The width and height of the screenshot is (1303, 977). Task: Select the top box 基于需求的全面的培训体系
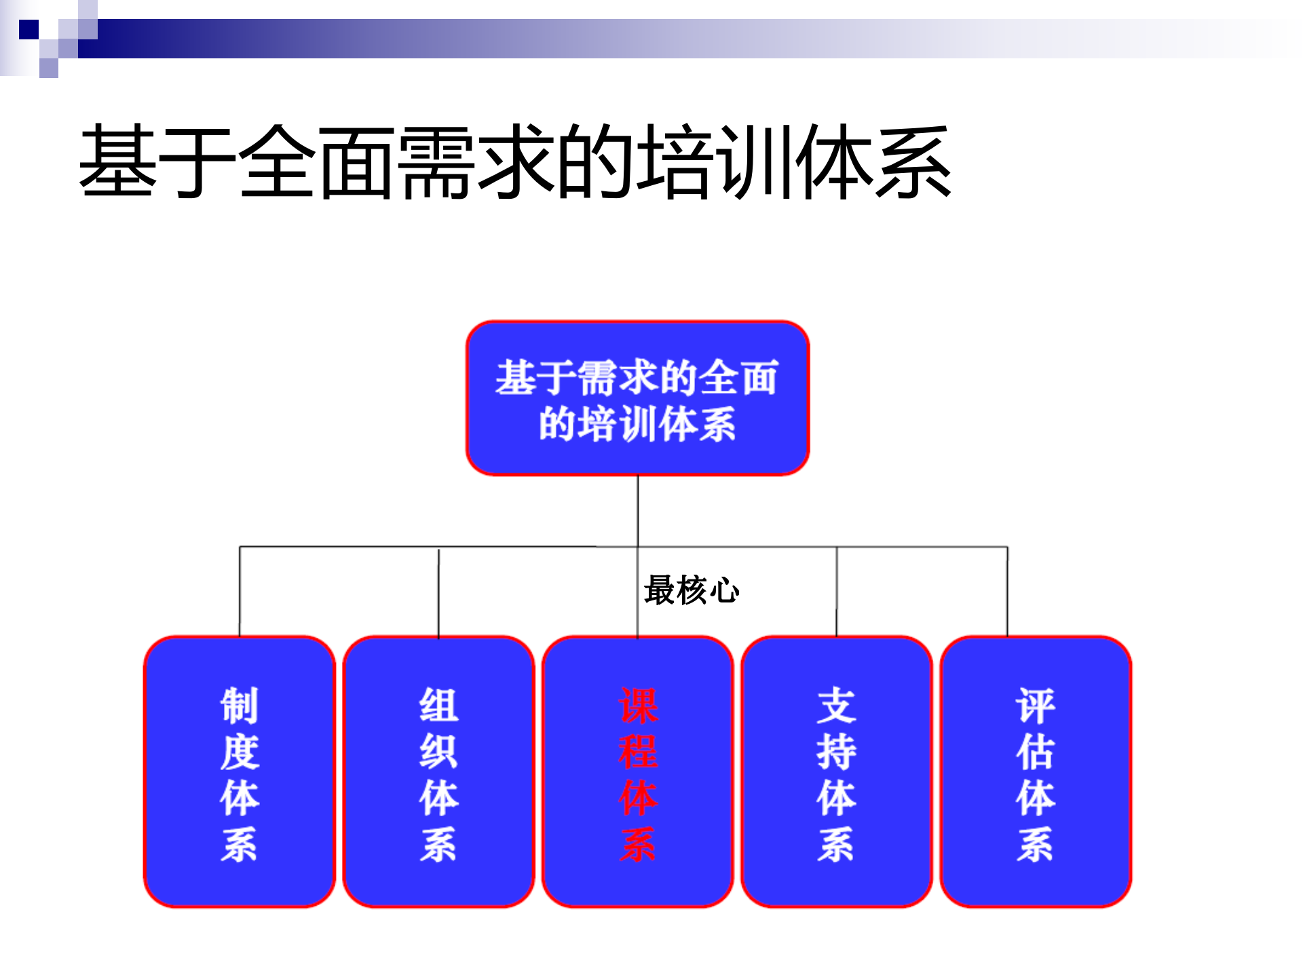637,398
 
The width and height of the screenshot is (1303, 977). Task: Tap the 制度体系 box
240,771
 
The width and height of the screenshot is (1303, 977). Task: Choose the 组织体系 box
438,771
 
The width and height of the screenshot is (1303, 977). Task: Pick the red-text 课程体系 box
637,771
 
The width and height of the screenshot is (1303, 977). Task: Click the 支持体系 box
836,771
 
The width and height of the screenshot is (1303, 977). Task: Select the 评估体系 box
1035,771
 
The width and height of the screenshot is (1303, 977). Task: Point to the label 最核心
691,590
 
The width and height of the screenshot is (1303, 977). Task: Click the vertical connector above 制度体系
240,591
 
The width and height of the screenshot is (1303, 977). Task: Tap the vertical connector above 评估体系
1007,591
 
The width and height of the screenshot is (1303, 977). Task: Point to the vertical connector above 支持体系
836,591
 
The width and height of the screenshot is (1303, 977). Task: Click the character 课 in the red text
638,706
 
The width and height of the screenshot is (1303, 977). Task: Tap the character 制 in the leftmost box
240,706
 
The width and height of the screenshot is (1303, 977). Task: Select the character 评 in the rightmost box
1035,706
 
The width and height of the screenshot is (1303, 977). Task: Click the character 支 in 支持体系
836,706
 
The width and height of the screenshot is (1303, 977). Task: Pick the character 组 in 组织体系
438,706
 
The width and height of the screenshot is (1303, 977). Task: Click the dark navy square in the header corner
29,30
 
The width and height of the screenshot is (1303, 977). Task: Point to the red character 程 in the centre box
638,752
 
